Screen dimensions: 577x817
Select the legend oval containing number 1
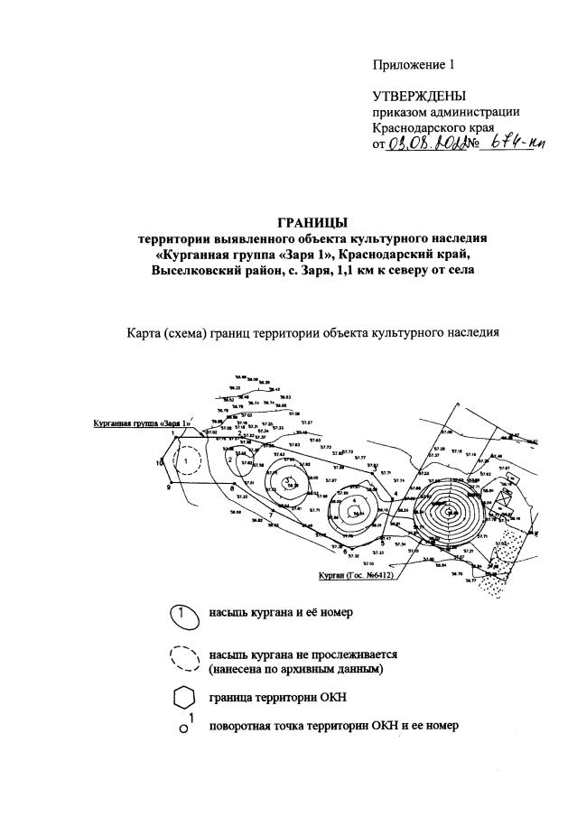tap(183, 614)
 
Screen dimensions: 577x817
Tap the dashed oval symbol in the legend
tap(183, 660)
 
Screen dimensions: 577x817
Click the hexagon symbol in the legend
tap(183, 700)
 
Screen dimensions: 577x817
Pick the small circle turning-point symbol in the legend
tap(183, 729)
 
